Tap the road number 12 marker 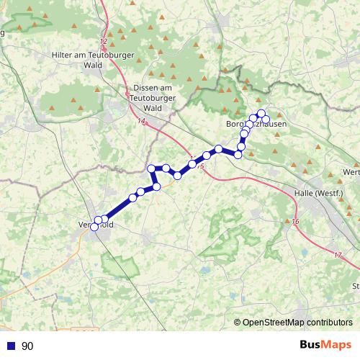(x=104, y=42)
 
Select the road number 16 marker (x=295, y=221)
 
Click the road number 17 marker (x=338, y=256)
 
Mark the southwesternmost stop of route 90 (x=94, y=228)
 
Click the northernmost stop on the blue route (x=261, y=113)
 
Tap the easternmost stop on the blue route (x=266, y=119)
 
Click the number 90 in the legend (x=27, y=346)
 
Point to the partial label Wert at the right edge (x=351, y=172)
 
